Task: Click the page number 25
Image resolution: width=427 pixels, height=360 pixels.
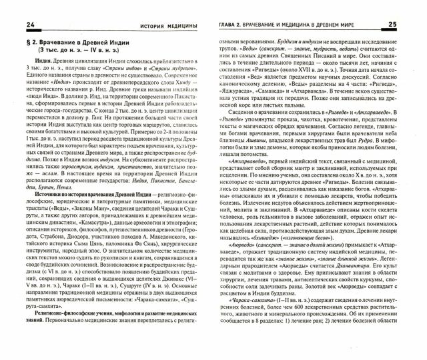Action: (411, 25)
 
